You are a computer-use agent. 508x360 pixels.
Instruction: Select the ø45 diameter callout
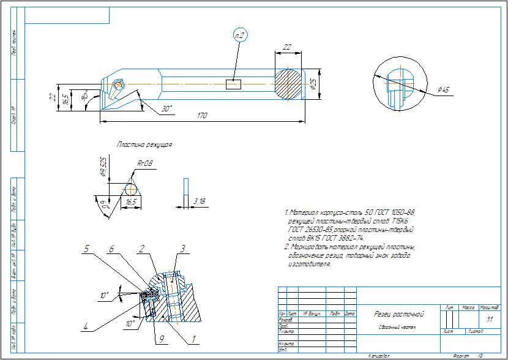[444, 91]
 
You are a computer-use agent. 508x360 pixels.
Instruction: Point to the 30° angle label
[166, 108]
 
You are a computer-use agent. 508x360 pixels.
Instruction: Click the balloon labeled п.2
[239, 36]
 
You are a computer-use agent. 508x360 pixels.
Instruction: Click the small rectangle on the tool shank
[234, 84]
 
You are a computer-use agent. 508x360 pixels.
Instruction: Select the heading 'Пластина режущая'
[144, 145]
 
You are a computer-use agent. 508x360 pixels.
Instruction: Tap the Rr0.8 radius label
[146, 164]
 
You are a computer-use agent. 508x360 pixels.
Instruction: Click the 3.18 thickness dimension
[199, 201]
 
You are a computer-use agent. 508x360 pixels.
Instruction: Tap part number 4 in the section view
[86, 327]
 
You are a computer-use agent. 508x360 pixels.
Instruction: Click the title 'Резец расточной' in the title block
[399, 314]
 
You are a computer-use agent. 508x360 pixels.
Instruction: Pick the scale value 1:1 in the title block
[488, 320]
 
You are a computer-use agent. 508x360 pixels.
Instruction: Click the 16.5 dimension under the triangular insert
[131, 201]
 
